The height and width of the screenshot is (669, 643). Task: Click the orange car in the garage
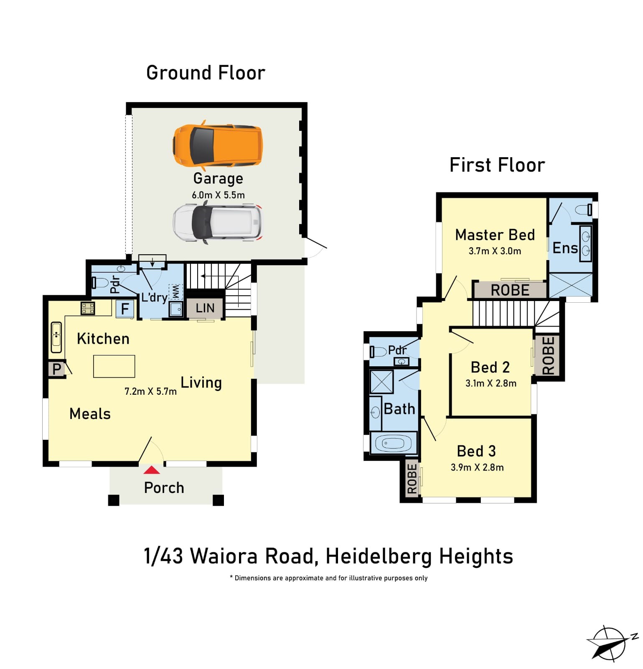(x=218, y=145)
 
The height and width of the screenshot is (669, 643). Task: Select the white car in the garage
(x=218, y=222)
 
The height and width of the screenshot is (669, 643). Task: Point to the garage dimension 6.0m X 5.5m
(x=218, y=195)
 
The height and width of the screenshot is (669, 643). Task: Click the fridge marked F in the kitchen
(x=125, y=309)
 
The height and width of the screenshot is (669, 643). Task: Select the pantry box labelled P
(x=56, y=369)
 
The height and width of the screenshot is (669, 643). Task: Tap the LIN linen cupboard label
(x=205, y=308)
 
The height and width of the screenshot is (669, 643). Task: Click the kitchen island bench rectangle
(x=114, y=366)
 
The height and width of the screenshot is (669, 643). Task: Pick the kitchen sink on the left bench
(x=56, y=337)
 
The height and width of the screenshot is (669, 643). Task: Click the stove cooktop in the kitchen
(x=88, y=308)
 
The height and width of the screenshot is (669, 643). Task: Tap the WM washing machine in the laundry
(x=175, y=292)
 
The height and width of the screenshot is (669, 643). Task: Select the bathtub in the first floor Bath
(x=393, y=442)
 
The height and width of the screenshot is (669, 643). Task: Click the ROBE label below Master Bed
(x=510, y=290)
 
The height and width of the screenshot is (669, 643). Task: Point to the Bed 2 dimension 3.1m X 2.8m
(x=491, y=383)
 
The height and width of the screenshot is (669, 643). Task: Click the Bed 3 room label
(x=476, y=451)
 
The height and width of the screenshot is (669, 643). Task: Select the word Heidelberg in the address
(x=379, y=557)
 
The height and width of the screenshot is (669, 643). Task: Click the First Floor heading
(x=497, y=165)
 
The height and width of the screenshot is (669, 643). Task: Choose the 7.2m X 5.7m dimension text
(x=150, y=391)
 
